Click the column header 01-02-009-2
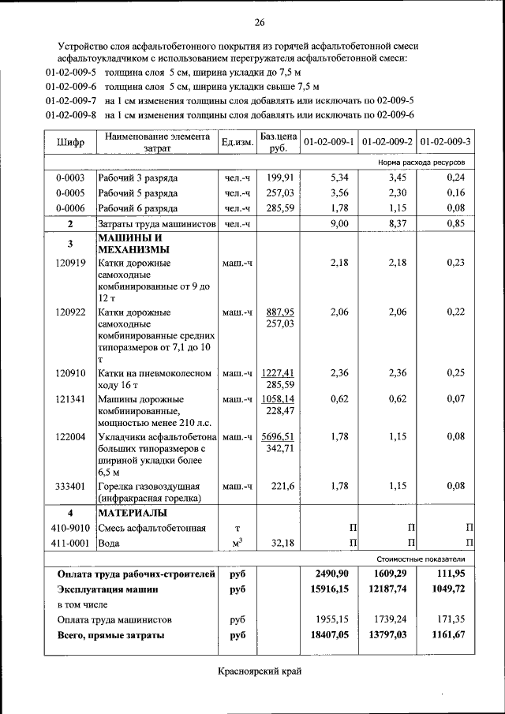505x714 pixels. point(387,142)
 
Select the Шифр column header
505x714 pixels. point(70,142)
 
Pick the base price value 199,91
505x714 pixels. point(280,178)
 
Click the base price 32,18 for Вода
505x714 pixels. point(281,544)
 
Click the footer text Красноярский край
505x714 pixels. point(260,671)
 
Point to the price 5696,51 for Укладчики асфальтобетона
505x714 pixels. point(279,436)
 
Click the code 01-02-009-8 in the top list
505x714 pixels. point(70,114)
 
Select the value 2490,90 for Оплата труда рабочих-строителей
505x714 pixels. point(329,574)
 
